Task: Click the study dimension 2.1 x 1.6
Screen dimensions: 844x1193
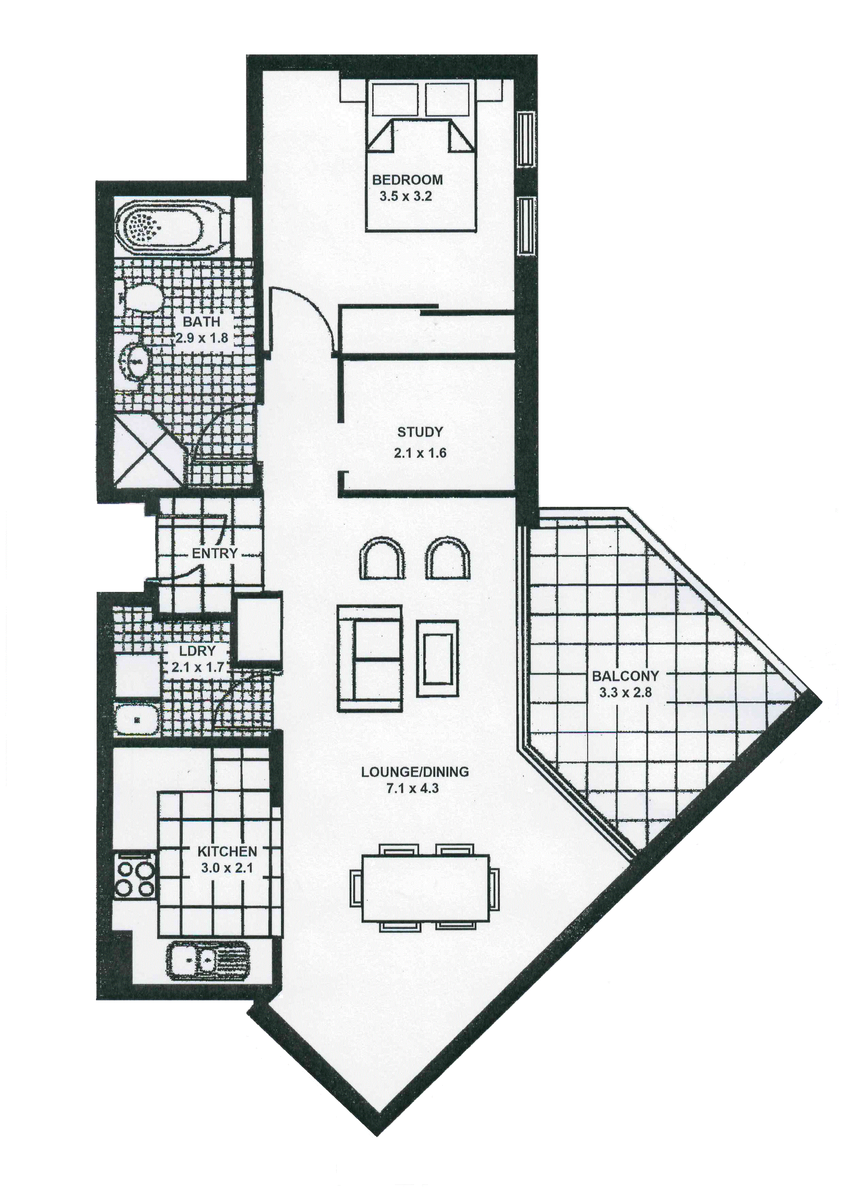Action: [420, 453]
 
